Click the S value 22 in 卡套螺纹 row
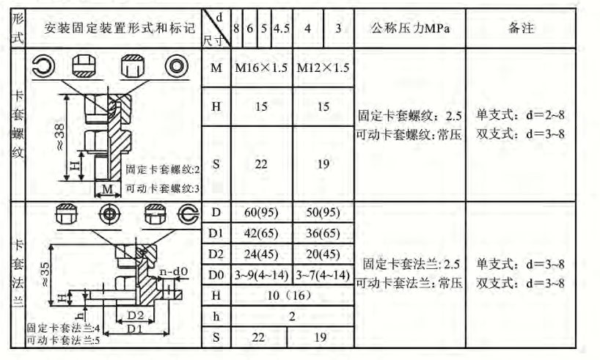click(x=261, y=165)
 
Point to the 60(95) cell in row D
click(x=261, y=213)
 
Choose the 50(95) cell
click(x=323, y=213)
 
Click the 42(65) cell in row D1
click(x=261, y=234)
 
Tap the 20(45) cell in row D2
click(x=323, y=254)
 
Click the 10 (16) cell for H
click(x=292, y=295)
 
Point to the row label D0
click(x=216, y=275)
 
